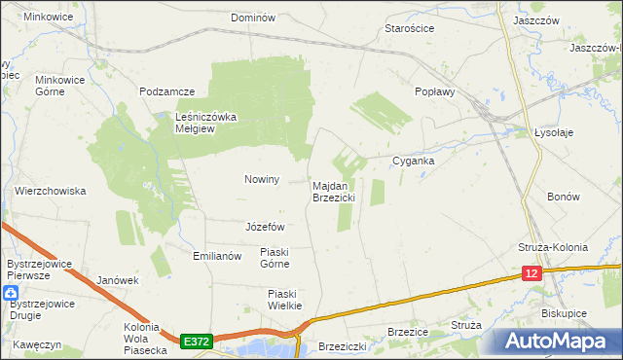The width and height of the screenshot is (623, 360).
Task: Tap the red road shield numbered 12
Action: [531, 275]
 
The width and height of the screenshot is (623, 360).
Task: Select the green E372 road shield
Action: [196, 341]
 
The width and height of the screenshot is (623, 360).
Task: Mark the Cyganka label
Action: [413, 161]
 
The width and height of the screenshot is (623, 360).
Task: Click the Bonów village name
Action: [564, 196]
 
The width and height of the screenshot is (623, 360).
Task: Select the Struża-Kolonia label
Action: [553, 247]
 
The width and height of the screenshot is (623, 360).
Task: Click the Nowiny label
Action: [262, 179]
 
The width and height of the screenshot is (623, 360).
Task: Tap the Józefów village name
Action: [264, 226]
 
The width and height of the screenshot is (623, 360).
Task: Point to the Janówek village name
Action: [118, 280]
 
